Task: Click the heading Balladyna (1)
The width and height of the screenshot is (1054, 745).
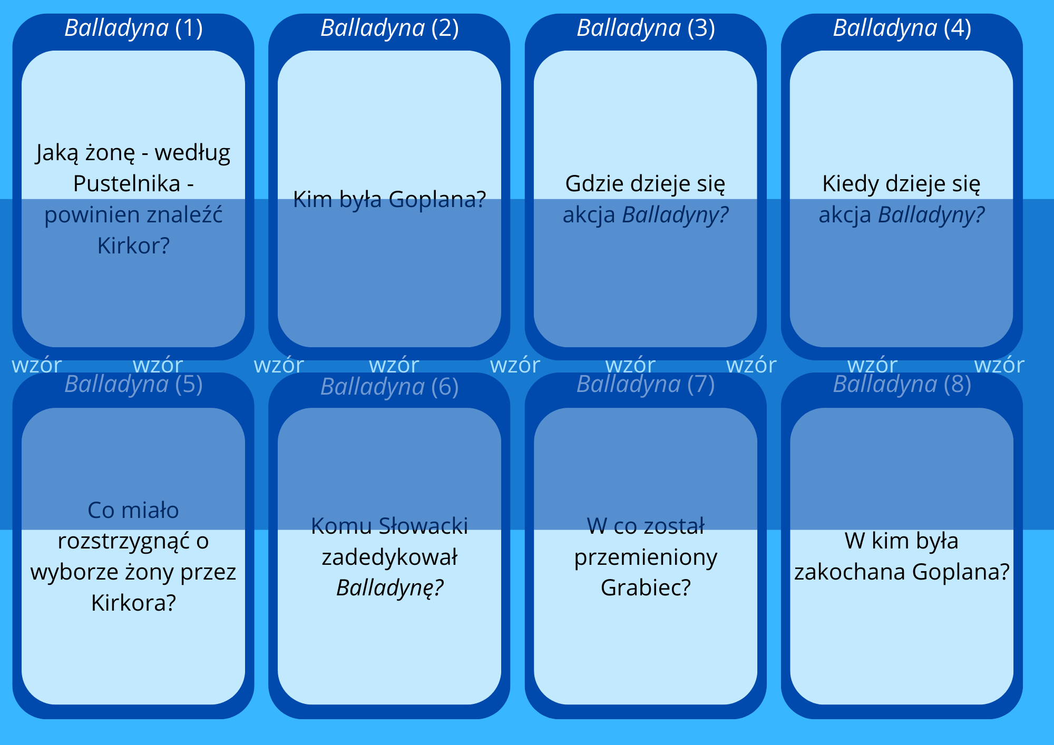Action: click(x=133, y=28)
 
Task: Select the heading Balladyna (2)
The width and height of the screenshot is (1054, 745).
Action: click(x=389, y=28)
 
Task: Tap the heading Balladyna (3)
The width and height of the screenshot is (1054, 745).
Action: click(x=646, y=28)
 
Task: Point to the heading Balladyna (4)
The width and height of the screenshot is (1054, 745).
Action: click(x=902, y=28)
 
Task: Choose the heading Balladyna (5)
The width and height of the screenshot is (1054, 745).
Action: click(x=133, y=385)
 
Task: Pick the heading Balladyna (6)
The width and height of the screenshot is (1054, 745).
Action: click(x=389, y=387)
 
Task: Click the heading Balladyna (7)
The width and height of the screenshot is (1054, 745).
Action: click(x=646, y=385)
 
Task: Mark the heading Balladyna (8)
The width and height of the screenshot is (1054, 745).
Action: click(x=902, y=385)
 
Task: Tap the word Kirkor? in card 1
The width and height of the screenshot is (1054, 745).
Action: click(x=133, y=246)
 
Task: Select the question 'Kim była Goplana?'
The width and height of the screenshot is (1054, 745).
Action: click(x=389, y=199)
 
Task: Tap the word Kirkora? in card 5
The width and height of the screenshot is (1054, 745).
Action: click(x=133, y=603)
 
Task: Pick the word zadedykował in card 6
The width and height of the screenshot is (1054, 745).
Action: click(x=389, y=557)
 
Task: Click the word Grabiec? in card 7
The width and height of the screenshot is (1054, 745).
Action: click(x=646, y=587)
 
